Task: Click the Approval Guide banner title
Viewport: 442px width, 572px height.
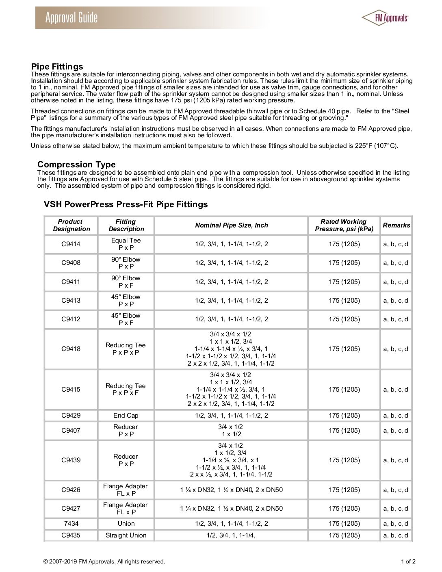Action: (71, 18)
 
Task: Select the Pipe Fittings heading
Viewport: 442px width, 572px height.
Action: (57, 67)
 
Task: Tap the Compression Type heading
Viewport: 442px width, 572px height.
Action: (76, 165)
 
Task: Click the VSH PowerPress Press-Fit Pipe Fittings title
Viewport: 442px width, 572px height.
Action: (126, 204)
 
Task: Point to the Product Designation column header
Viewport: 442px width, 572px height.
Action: (71, 225)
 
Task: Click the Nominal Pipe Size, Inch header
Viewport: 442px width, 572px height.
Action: (231, 225)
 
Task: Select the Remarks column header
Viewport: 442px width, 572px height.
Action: (396, 225)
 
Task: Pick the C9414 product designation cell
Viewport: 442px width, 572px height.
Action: (71, 244)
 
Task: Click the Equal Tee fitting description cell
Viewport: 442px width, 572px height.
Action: (126, 244)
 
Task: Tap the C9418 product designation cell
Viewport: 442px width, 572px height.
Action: (71, 349)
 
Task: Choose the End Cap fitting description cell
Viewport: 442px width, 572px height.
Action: (126, 416)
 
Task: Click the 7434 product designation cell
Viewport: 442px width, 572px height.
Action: (71, 524)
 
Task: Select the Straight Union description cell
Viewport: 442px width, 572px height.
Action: (126, 535)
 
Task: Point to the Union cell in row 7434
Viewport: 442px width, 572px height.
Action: (126, 524)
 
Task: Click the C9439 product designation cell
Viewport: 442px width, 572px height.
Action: (71, 460)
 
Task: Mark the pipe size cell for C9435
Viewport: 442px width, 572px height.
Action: (231, 535)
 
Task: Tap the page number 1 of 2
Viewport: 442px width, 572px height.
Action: (408, 562)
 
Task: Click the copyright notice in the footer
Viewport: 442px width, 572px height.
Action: (104, 562)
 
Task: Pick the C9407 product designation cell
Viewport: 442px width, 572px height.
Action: (71, 431)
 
